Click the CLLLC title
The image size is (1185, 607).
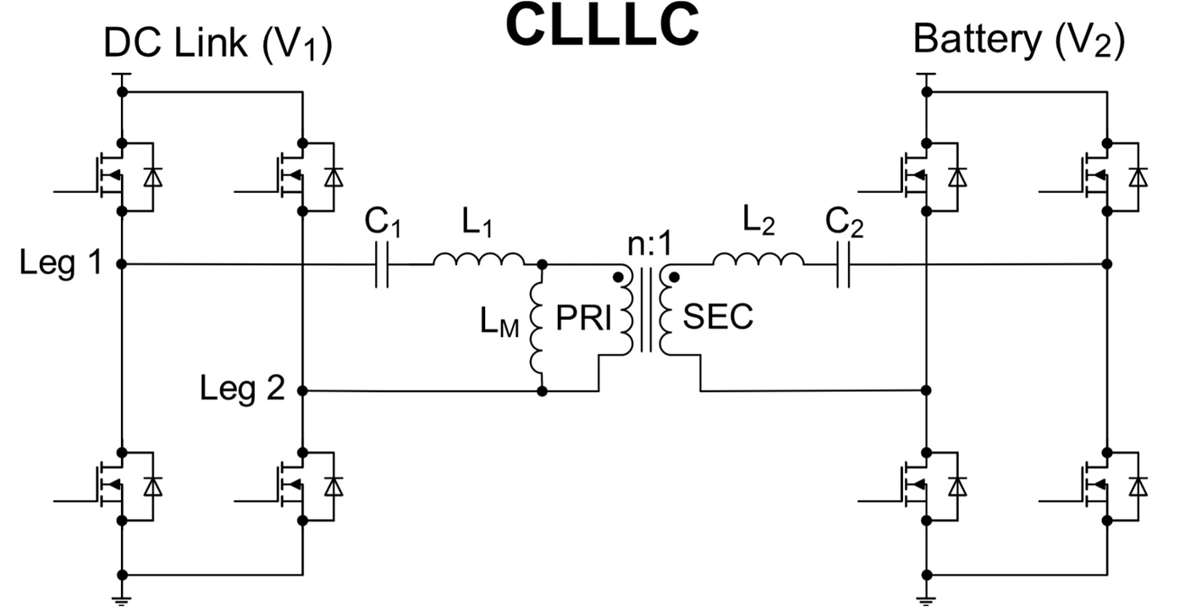603,25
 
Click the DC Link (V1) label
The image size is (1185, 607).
218,44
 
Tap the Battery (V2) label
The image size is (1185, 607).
1019,41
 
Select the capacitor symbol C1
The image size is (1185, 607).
382,264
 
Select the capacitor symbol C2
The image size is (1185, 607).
842,264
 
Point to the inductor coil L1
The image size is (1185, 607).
479,258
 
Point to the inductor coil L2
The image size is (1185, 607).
758,258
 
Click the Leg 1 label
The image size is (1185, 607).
60,264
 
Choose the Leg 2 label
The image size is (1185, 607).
241,389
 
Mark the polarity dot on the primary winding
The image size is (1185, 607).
620,277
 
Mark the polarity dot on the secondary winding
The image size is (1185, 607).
675,277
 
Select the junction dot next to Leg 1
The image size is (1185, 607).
122,264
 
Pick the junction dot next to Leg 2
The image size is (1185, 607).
302,391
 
